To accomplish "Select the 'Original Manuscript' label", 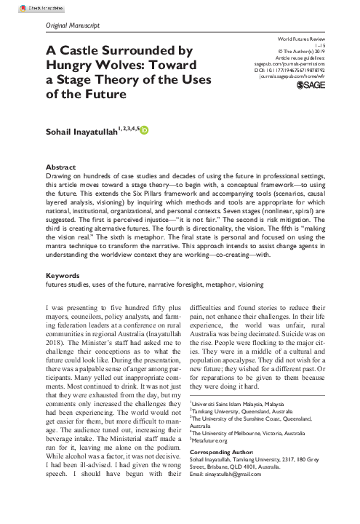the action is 73,26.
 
